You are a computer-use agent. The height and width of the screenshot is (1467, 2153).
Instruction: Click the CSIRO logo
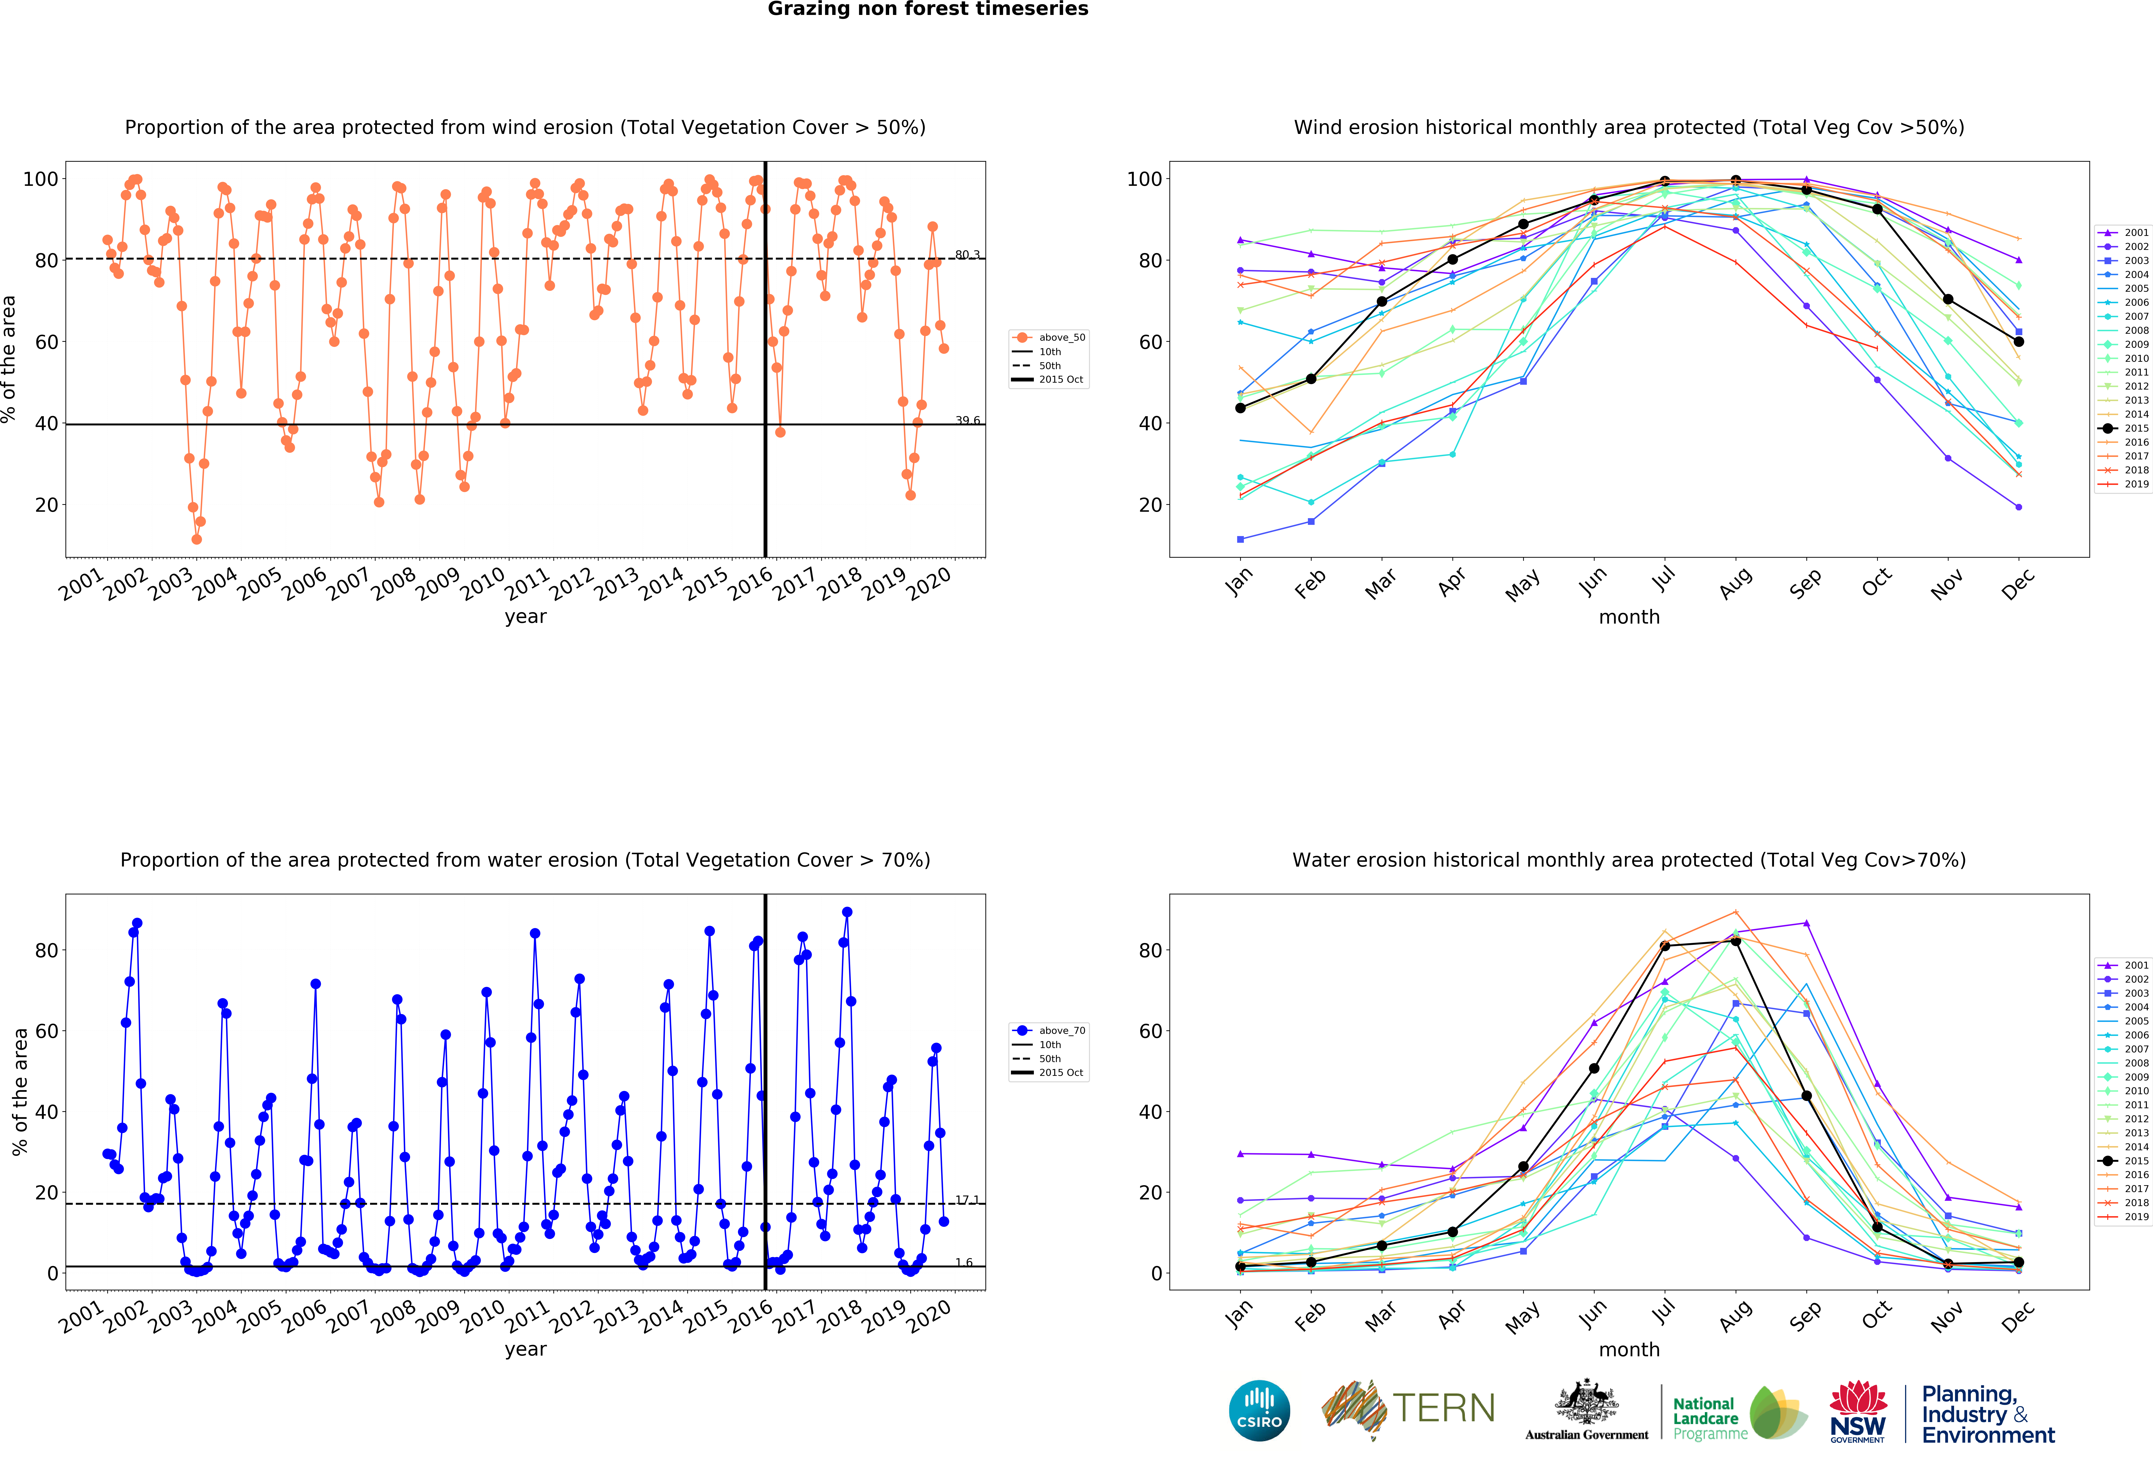pyautogui.click(x=1259, y=1410)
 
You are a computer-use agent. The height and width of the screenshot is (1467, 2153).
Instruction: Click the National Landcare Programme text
pyautogui.click(x=1709, y=1418)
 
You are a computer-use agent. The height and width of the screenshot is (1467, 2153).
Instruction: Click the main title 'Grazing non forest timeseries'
pyautogui.click(x=927, y=9)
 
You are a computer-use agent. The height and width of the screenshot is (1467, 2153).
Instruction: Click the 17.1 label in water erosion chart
pyautogui.click(x=966, y=1199)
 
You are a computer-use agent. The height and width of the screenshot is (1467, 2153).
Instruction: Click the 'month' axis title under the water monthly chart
pyautogui.click(x=1629, y=1349)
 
